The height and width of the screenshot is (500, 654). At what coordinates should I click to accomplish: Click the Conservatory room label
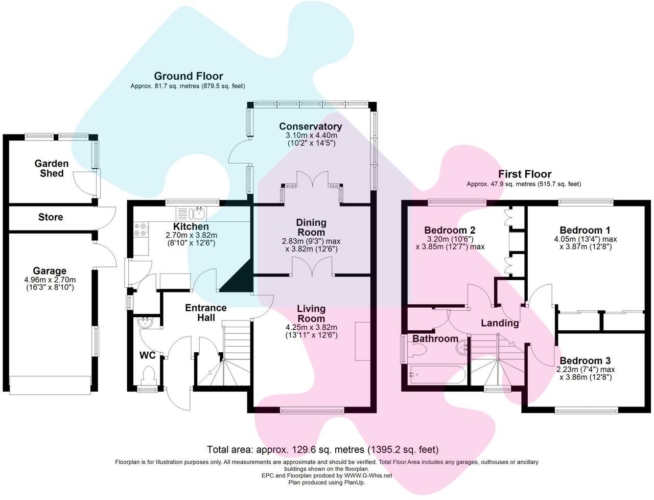click(311, 126)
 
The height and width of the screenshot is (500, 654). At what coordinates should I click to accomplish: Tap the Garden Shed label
click(52, 168)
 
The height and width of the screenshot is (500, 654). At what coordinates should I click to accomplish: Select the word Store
click(51, 217)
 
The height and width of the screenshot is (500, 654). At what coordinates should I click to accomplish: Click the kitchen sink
click(191, 214)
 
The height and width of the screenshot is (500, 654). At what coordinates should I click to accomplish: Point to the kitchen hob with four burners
click(141, 230)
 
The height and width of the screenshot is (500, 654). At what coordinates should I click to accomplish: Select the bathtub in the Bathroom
click(436, 375)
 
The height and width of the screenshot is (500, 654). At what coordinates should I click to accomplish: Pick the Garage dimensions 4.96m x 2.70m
click(50, 280)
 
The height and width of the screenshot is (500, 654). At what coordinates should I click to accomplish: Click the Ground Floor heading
click(189, 76)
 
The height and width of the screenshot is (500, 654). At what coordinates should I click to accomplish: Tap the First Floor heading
click(525, 174)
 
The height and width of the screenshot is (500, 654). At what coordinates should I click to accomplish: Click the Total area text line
click(323, 449)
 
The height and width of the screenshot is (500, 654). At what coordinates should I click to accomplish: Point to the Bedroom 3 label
click(585, 360)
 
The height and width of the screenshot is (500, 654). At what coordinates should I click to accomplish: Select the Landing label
click(500, 323)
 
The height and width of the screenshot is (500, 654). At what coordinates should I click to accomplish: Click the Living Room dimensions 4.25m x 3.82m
click(311, 327)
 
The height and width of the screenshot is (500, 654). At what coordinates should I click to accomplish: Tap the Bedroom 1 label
click(585, 230)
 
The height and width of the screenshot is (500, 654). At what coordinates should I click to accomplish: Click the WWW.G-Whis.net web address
click(368, 475)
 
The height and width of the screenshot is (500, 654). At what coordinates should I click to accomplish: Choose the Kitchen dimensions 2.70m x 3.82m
click(191, 235)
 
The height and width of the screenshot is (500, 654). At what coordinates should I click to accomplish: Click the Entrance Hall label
click(206, 312)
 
